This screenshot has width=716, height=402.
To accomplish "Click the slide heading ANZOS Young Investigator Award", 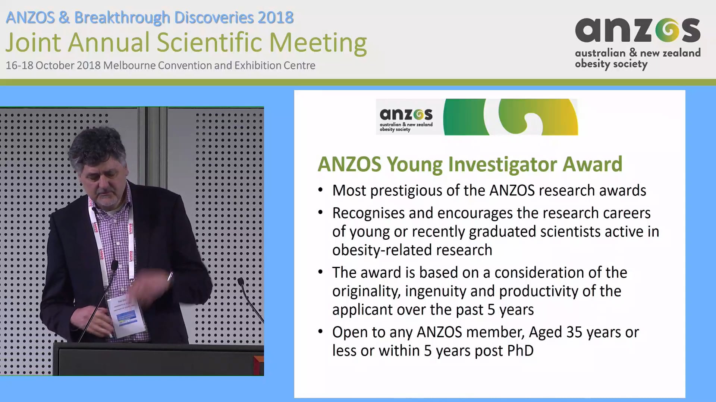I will point(470,164).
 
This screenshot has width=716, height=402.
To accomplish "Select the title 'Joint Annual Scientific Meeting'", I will point(186,42).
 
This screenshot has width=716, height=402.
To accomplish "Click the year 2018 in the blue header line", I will point(276,17).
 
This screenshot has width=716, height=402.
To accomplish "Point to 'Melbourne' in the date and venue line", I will point(129,66).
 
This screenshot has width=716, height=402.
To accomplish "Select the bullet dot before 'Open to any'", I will point(320,332).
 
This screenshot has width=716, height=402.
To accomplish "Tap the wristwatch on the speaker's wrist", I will point(170,277).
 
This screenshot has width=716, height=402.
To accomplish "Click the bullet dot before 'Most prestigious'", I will point(320,190).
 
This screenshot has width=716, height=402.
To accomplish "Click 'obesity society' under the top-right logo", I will point(611,64).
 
